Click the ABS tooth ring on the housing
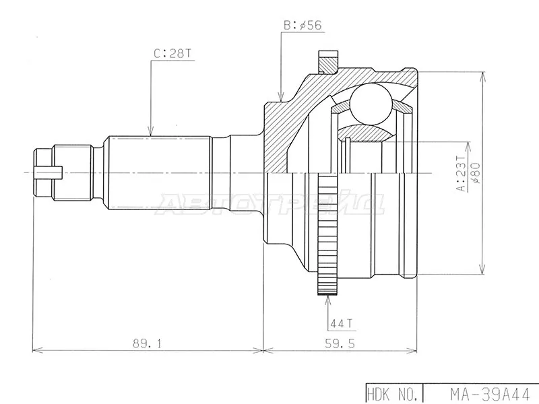(x=327, y=235)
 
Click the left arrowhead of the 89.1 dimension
(x=36, y=350)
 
